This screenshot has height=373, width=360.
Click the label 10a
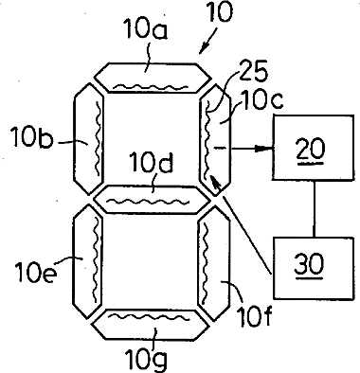(x=145, y=29)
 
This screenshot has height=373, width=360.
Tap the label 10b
(x=32, y=138)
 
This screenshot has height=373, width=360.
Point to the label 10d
(x=153, y=163)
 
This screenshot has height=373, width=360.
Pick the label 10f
(x=255, y=317)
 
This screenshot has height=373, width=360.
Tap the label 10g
(x=146, y=359)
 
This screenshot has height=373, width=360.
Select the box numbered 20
(x=314, y=148)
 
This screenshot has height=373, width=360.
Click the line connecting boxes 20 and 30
(x=314, y=208)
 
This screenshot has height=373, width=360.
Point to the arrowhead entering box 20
(x=264, y=148)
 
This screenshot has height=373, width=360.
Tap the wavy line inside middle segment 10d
(x=149, y=201)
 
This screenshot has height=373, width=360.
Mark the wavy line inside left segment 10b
(x=99, y=138)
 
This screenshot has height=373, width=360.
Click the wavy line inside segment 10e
(x=97, y=260)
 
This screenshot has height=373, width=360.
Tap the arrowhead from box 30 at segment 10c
(x=215, y=182)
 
